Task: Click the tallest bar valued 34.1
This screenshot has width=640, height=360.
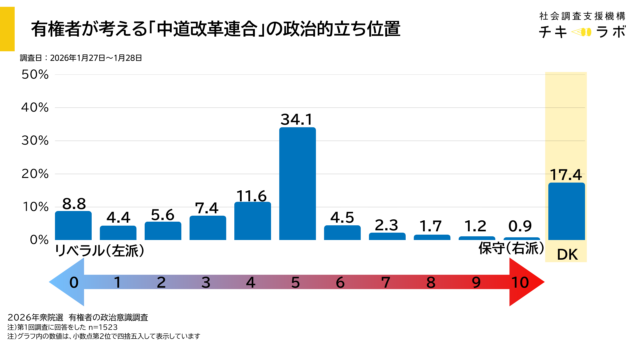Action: (297, 184)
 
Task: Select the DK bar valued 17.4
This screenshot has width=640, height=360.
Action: (566, 211)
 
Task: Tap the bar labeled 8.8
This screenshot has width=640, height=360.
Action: (73, 225)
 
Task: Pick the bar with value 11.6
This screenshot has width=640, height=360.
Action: (252, 220)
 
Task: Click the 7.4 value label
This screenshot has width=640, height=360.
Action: (207, 206)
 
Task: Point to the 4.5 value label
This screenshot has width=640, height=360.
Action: (342, 216)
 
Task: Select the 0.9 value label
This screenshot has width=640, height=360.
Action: (522, 227)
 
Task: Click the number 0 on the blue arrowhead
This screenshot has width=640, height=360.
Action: (73, 283)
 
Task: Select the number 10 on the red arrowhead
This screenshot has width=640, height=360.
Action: (520, 283)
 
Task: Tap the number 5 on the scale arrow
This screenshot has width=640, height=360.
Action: (297, 283)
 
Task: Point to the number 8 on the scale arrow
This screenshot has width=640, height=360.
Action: (431, 283)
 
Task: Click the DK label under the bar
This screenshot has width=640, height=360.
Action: (566, 250)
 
